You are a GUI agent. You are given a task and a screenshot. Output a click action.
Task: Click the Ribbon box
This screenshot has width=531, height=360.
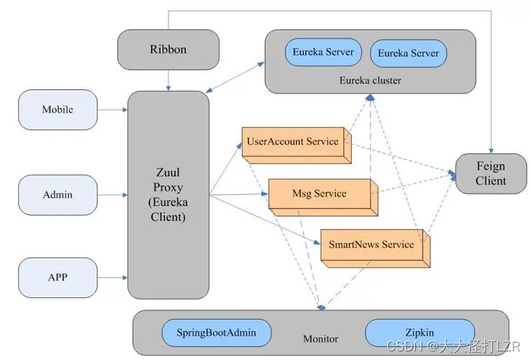coord(168,50)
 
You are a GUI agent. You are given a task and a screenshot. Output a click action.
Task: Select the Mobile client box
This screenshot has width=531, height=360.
coord(58,109)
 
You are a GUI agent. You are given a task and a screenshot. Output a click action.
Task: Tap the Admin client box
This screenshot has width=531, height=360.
coord(58,195)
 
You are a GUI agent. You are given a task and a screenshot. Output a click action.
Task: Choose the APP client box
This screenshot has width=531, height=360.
coord(58,278)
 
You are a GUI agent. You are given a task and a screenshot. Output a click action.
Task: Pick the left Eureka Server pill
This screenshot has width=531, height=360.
coord(323,53)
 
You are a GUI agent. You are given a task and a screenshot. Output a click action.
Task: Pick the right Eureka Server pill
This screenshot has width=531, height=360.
coord(409,53)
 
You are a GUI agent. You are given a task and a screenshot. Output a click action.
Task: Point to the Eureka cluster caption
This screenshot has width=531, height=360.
coord(370,81)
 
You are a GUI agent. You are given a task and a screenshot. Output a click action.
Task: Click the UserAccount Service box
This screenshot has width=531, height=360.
coord(296,145)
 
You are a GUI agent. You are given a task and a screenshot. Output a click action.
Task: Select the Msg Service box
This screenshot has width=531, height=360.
coord(323,197)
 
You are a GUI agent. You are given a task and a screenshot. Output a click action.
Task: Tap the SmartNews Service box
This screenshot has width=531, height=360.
coord(376,248)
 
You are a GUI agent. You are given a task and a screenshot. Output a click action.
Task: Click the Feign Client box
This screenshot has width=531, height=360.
coord(491,174)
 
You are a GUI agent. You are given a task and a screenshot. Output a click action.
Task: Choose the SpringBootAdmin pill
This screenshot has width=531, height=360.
coord(217,333)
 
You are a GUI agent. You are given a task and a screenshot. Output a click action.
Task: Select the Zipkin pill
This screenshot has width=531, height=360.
coord(420,333)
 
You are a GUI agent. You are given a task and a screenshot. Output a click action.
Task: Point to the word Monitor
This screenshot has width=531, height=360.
coord(321,338)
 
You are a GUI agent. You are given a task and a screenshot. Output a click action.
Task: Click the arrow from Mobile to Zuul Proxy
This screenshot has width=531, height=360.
coord(112,109)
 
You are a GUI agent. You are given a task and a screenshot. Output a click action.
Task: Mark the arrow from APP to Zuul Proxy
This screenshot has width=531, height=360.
coord(112,278)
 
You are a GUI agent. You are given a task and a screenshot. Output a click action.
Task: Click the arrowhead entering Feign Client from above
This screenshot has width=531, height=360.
coord(491,151)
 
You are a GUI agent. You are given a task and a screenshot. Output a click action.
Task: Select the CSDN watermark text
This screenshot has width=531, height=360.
coord(453,346)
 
